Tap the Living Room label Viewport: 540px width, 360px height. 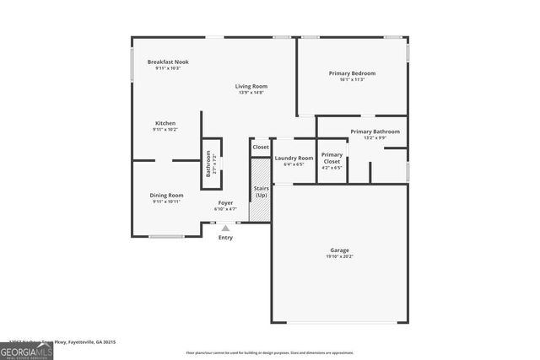pyautogui.click(x=251, y=86)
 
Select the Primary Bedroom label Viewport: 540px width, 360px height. pyautogui.click(x=352, y=73)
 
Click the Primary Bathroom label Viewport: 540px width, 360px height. pyautogui.click(x=375, y=132)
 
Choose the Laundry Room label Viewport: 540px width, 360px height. pyautogui.click(x=294, y=158)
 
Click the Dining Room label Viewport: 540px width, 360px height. pyautogui.click(x=167, y=195)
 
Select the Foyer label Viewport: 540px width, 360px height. pyautogui.click(x=225, y=202)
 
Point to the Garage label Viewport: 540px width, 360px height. pyautogui.click(x=339, y=250)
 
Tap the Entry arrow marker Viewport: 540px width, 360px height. pyautogui.click(x=225, y=227)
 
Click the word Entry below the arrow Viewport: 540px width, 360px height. pyautogui.click(x=225, y=238)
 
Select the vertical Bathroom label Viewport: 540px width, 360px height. pyautogui.click(x=210, y=163)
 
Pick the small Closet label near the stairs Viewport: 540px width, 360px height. pyautogui.click(x=261, y=147)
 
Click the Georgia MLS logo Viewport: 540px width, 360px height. pyautogui.click(x=26, y=349)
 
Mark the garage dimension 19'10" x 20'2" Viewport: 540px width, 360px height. pyautogui.click(x=339, y=257)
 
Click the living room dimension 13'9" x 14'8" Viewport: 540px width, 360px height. pyautogui.click(x=251, y=93)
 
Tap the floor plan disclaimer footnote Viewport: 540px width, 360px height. pyautogui.click(x=270, y=352)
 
